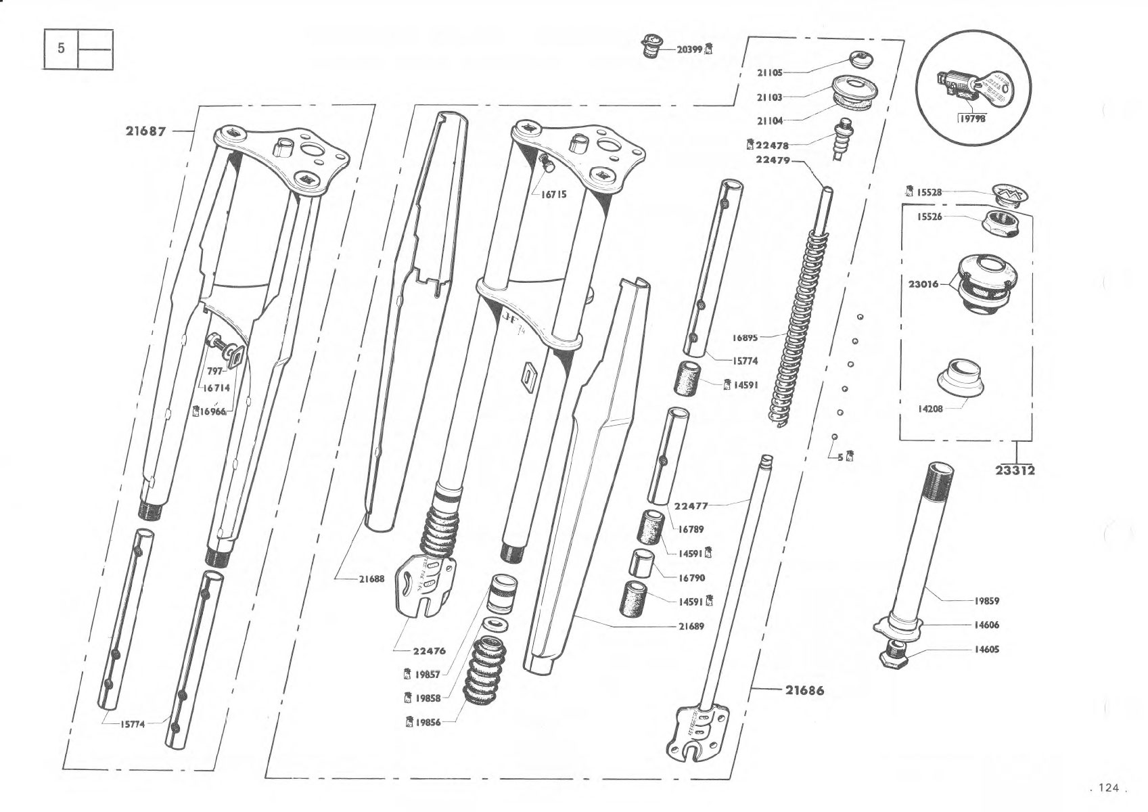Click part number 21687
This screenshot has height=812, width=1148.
click(146, 131)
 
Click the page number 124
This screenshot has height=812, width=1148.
click(1109, 788)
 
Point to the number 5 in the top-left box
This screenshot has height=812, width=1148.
click(61, 49)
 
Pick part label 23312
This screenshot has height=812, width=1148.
click(1015, 470)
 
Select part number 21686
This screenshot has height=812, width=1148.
click(805, 690)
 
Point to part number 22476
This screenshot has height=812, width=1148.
click(430, 651)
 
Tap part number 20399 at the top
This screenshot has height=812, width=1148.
click(689, 50)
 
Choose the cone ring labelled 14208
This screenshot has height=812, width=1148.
click(960, 379)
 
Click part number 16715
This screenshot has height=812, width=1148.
click(554, 195)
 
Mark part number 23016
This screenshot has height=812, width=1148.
click(923, 284)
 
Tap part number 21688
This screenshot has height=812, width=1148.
click(372, 579)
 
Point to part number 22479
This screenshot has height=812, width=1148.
click(773, 160)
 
